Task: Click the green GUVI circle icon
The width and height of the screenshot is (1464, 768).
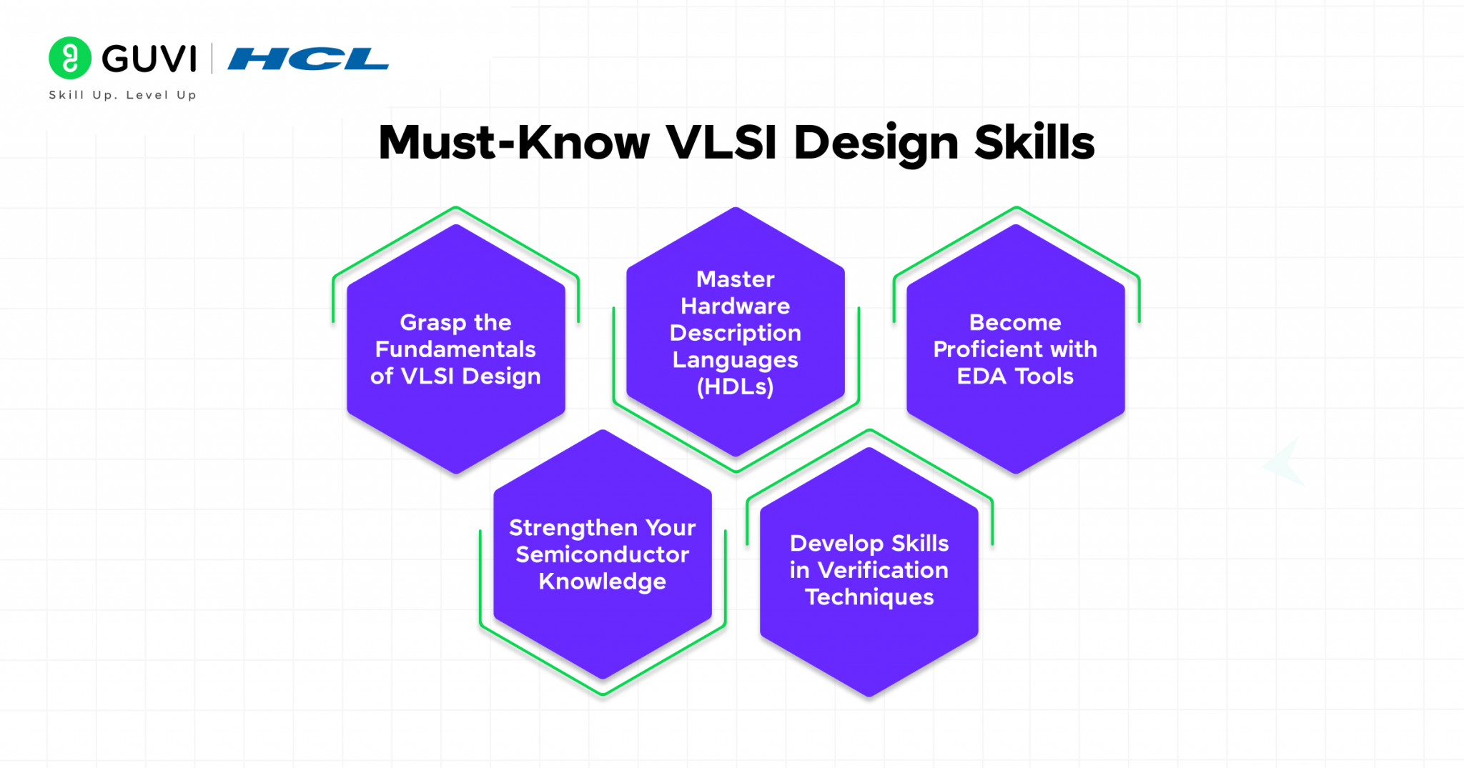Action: [x=69, y=58]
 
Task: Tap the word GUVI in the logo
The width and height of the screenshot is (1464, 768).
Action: [x=149, y=59]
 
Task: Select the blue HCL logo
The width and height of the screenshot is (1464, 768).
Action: [x=308, y=59]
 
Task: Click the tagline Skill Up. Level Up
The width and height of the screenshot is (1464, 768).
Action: [x=122, y=95]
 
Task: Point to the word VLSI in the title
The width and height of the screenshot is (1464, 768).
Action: [x=721, y=142]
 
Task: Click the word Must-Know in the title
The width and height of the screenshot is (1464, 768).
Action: [x=514, y=142]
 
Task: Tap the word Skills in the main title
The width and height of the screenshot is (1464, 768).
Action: [x=1034, y=142]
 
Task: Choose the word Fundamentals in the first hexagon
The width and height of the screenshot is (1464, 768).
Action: [x=455, y=349]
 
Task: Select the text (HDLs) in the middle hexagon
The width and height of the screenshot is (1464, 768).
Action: [x=735, y=387]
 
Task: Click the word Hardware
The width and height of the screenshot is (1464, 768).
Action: [x=735, y=306]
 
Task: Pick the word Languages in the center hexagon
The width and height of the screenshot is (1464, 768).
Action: [x=735, y=360]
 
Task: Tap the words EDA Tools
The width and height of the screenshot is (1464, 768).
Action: [x=1015, y=376]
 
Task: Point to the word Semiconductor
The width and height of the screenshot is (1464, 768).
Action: [x=602, y=554]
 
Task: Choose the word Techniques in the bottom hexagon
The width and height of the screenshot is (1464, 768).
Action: [x=869, y=597]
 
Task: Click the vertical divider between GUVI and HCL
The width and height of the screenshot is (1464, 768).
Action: [x=212, y=59]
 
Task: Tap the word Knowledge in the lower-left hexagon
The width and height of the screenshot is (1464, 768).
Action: [x=602, y=582]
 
